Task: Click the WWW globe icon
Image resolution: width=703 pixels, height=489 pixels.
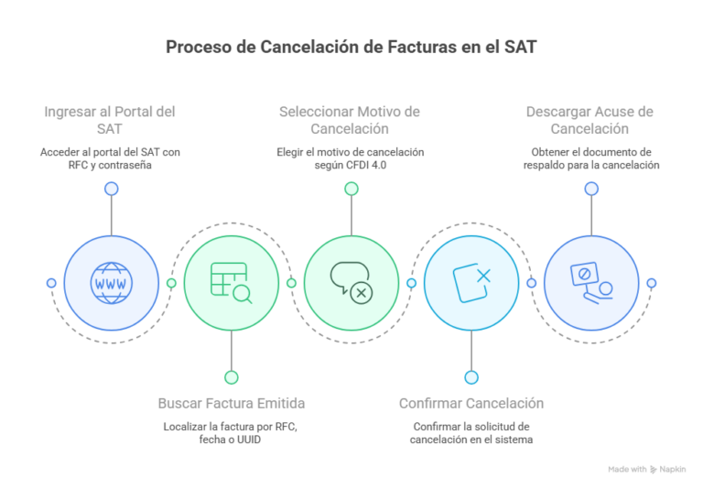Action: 111,283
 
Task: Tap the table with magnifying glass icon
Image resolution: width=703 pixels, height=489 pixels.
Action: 232,283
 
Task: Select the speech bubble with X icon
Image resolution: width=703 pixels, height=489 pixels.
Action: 351,283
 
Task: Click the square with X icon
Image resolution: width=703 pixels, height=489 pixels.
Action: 471,283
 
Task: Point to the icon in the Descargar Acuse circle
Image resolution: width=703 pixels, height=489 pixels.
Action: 592,283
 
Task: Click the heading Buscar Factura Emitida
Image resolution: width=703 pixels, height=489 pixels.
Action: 232,403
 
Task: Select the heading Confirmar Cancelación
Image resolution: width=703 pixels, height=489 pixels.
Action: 471,403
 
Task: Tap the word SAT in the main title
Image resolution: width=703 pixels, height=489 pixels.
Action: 521,47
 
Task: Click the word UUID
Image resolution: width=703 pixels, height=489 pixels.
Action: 248,440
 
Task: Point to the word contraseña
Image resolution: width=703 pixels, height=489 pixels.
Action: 124,165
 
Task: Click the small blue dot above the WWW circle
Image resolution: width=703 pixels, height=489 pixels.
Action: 111,189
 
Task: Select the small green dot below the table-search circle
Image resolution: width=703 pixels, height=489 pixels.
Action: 232,378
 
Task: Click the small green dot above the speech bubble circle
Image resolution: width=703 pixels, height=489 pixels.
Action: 351,189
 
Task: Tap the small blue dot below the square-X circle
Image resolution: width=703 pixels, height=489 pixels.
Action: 471,378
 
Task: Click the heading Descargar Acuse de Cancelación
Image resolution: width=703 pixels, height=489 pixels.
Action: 589,120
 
